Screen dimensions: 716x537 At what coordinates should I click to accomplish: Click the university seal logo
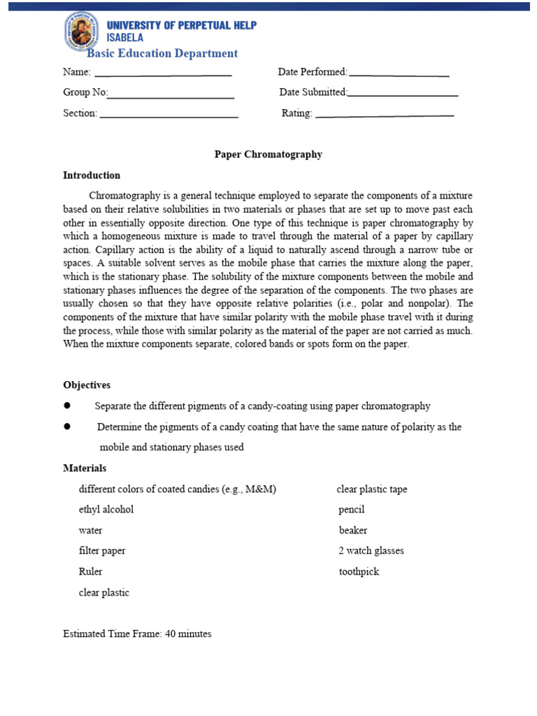coord(81,31)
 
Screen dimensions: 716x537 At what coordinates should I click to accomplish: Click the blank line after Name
coord(163,74)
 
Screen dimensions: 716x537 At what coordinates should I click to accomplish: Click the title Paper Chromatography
coord(268,155)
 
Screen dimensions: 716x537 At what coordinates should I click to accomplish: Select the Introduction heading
coord(92,176)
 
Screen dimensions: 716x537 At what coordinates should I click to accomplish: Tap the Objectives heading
coord(87,385)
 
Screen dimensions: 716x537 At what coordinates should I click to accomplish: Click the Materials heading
coord(85,468)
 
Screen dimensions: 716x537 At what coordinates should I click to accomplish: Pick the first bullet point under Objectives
coord(68,406)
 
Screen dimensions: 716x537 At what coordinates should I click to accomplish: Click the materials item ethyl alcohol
coord(106,510)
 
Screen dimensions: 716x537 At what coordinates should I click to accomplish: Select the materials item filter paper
coord(102,551)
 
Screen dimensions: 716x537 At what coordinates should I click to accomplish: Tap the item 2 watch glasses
coord(371,551)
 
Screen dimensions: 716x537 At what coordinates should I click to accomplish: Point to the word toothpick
coord(359,571)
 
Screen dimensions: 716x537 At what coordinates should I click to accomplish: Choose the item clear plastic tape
coord(372,489)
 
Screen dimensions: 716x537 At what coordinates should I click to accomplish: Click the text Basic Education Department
coord(162,53)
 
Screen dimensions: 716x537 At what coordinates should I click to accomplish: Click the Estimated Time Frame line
coord(137,634)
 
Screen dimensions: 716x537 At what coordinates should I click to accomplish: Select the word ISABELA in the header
coord(127,38)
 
